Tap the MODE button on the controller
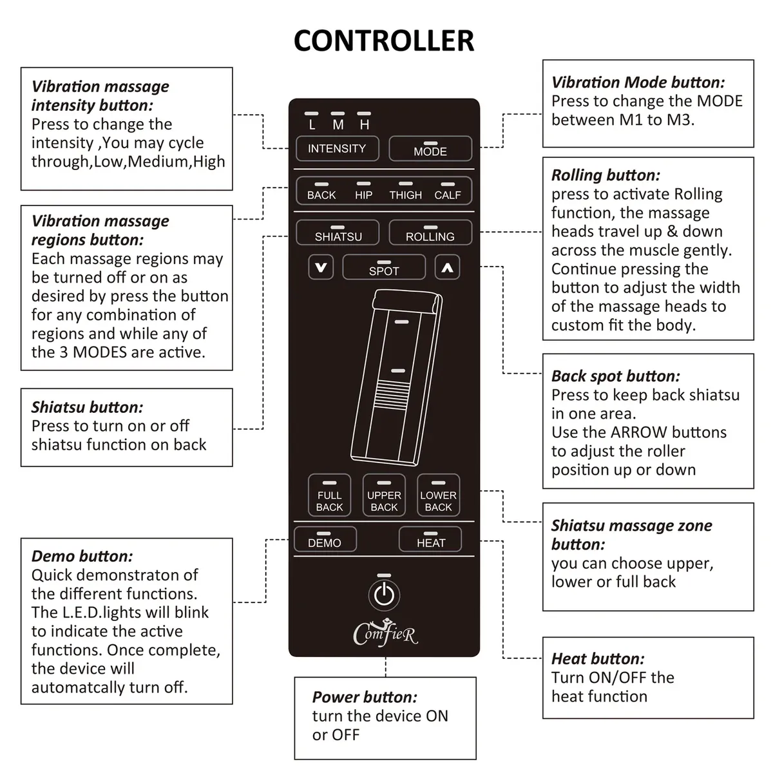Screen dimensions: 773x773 point(430,149)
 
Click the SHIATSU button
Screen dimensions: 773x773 point(338,233)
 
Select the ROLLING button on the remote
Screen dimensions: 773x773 point(430,233)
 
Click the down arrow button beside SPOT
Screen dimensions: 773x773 point(321,267)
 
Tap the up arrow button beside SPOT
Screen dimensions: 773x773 point(447,267)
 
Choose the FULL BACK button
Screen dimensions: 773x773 point(329,496)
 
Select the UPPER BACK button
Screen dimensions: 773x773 point(384,496)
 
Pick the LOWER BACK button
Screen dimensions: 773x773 point(438,496)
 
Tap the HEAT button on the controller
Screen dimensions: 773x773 point(430,540)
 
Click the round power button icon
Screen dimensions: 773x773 point(384,595)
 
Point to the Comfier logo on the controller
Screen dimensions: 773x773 point(385,633)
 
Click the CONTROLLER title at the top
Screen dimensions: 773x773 point(384,40)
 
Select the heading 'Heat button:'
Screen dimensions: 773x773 point(597,658)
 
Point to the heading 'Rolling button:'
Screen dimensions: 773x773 point(606,175)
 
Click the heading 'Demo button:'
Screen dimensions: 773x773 point(82,556)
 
